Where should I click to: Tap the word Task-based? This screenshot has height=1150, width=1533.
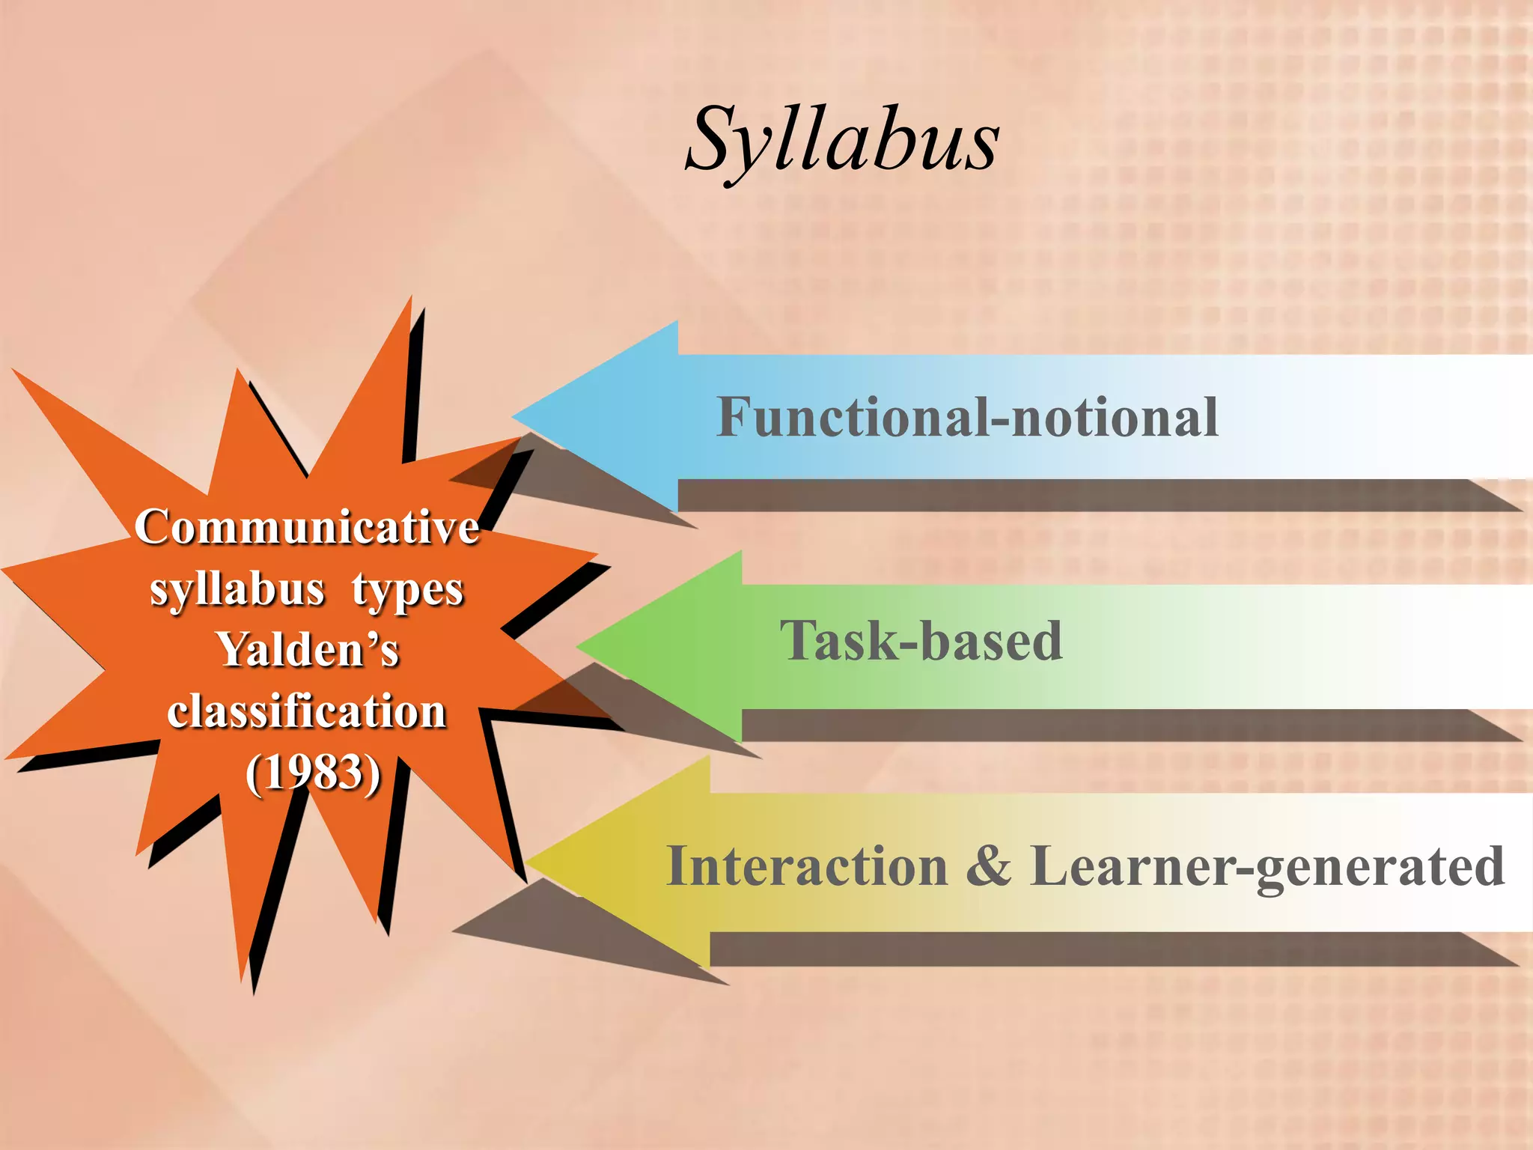tap(921, 641)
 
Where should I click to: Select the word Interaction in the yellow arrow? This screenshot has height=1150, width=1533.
tap(807, 866)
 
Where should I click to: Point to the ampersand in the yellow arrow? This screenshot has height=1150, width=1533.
tap(988, 866)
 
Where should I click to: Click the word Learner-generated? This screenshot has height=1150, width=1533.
tap(1267, 866)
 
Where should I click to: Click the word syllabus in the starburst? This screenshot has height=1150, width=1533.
tap(237, 589)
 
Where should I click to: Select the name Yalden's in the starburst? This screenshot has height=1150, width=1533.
tap(308, 649)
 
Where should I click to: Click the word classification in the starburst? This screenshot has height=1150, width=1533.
tap(307, 711)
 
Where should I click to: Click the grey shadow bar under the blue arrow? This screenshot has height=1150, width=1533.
tap(1085, 496)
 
